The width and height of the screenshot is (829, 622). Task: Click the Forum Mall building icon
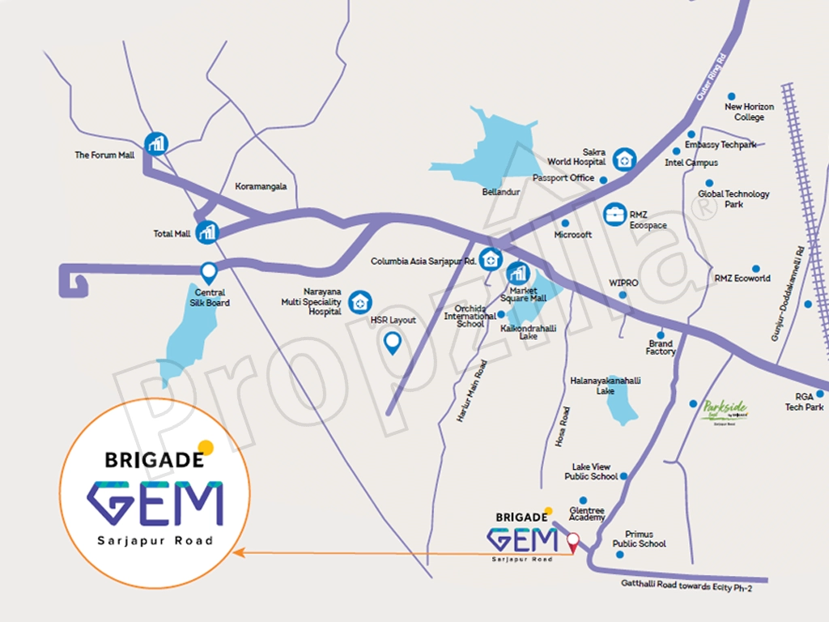(x=155, y=144)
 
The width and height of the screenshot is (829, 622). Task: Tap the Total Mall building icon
(x=208, y=232)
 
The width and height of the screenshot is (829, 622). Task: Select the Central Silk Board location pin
(x=209, y=272)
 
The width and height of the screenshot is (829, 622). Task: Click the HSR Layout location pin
(x=393, y=343)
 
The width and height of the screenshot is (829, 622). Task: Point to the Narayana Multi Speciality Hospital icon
(x=360, y=302)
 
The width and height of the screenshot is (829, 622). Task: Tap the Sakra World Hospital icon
(x=623, y=159)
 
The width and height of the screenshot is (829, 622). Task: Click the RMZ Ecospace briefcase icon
(x=615, y=214)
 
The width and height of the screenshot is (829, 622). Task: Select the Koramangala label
(x=261, y=186)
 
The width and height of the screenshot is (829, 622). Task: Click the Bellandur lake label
(x=500, y=192)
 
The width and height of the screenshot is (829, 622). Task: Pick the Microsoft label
(x=572, y=235)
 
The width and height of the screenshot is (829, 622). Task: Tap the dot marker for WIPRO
(x=623, y=295)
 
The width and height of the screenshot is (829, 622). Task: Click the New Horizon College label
(x=749, y=112)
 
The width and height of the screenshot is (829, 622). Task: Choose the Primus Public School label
(x=639, y=539)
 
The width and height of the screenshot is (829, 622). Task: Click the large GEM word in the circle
(x=155, y=504)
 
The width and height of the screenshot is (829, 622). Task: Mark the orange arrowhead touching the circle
(x=237, y=553)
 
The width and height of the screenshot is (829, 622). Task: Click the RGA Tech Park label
(x=804, y=402)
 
